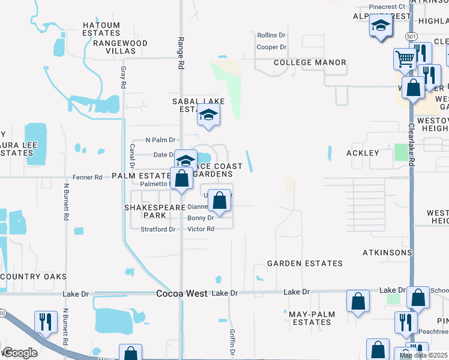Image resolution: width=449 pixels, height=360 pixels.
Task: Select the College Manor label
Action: click(310, 62)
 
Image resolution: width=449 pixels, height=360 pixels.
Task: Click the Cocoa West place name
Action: click(181, 294)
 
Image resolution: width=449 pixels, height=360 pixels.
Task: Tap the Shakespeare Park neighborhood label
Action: click(145, 211)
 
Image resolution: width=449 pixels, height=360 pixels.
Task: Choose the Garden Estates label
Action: click(304, 263)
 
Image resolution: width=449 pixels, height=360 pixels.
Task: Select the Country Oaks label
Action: click(34, 276)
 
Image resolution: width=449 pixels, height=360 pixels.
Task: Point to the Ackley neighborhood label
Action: click(363, 153)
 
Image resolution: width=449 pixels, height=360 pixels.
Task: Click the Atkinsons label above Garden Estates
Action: click(387, 253)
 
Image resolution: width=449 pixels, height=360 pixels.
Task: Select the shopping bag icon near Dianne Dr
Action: click(220, 200)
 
